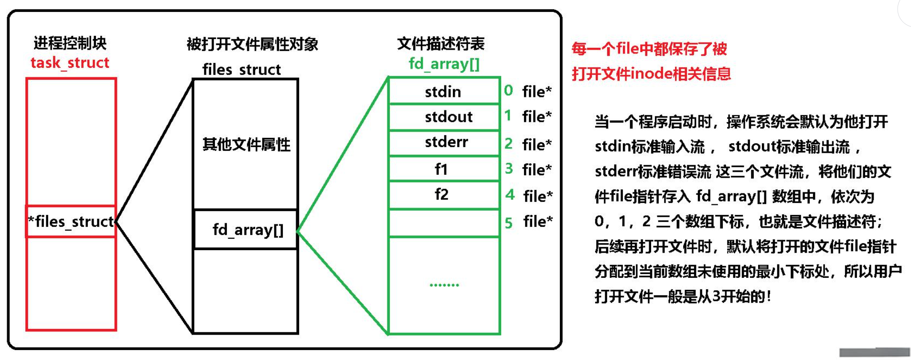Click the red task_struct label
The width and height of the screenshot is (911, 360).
(x=70, y=63)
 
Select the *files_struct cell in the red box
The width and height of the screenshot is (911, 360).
(x=71, y=222)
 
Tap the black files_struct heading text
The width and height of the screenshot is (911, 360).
(x=241, y=69)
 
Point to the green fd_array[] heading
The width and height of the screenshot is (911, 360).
(x=444, y=64)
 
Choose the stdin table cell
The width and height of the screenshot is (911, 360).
(x=443, y=91)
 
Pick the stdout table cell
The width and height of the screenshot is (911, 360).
(x=448, y=116)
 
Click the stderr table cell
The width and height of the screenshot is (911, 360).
(x=446, y=142)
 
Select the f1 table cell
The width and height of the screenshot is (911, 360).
(x=441, y=169)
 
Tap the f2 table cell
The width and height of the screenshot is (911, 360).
(x=441, y=194)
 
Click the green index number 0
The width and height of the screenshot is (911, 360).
(x=508, y=90)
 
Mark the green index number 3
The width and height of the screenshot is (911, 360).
(x=509, y=168)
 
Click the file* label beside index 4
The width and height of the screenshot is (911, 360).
(x=538, y=196)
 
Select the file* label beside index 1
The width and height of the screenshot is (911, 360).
(x=537, y=116)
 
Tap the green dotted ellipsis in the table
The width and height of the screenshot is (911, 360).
(x=444, y=285)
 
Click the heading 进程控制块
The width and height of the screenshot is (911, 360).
(x=70, y=43)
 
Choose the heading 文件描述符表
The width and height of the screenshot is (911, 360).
(x=440, y=44)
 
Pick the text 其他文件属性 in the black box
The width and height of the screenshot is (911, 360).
(x=246, y=144)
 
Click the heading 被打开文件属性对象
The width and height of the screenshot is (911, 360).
(x=252, y=44)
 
